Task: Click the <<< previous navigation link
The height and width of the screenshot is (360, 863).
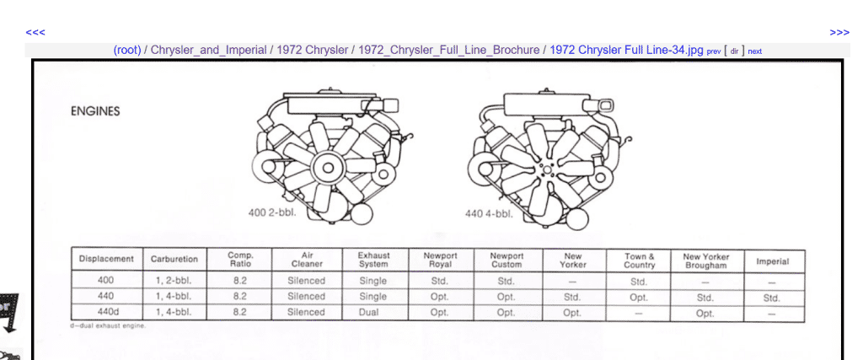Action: (35, 33)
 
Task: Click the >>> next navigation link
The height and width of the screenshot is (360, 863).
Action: (839, 33)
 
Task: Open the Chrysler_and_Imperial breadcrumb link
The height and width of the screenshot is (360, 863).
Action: (209, 50)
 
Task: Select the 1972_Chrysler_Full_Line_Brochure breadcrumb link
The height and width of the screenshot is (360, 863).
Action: (449, 50)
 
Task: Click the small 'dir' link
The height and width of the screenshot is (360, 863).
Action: (734, 51)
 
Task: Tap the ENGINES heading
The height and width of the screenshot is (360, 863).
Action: (95, 111)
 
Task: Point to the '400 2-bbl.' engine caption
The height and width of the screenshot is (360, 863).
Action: (272, 212)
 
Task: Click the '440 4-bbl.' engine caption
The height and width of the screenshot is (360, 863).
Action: (489, 213)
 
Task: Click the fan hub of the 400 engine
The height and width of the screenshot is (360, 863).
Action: (328, 167)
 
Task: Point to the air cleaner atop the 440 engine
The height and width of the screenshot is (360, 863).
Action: (553, 103)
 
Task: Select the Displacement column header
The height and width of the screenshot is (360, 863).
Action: (106, 259)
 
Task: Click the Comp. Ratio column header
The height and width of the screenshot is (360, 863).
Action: (240, 260)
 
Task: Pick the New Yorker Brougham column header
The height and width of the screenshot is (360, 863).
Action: (706, 261)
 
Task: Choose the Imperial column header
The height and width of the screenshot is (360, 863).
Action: (772, 261)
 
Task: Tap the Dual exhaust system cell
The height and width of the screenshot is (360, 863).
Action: (369, 312)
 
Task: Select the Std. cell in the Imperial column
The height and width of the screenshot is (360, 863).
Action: (772, 298)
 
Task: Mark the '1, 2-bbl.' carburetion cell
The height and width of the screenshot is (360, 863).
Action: (174, 280)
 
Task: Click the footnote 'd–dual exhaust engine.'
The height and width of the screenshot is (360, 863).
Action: (108, 326)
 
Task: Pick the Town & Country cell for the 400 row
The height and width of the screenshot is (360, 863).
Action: (639, 282)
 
